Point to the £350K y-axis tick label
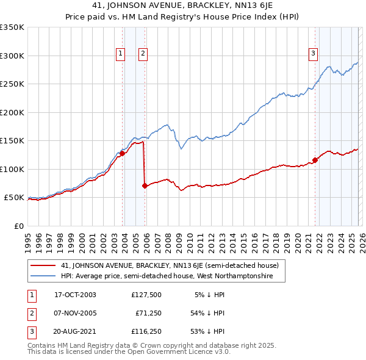point(12,27)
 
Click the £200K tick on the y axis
point(12,112)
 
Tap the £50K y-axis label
point(15,198)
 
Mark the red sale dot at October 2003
point(123,154)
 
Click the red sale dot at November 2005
point(145,185)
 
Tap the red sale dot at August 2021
point(315,160)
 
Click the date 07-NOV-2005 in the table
point(75,313)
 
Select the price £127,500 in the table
point(146,294)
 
